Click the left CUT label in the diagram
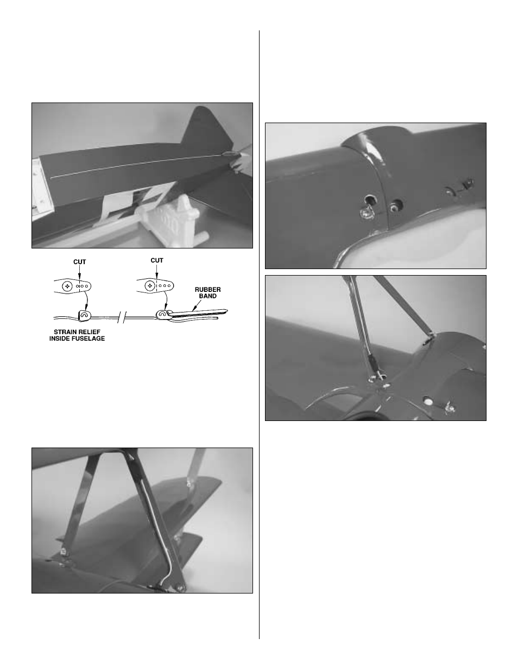tap(80, 262)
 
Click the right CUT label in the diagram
tap(157, 260)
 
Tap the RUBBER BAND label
tap(209, 293)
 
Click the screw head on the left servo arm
tap(67, 285)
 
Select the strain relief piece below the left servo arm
tap(84, 314)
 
